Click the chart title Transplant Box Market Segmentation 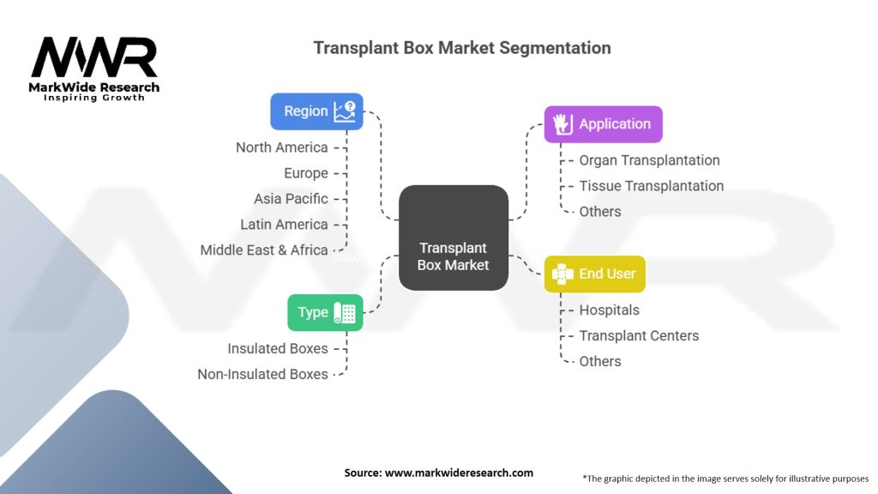tap(461, 47)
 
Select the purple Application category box tap(603, 124)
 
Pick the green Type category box tap(325, 312)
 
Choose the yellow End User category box tap(594, 274)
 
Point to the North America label tap(282, 148)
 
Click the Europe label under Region tap(306, 173)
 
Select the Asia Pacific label tap(291, 199)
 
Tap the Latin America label tap(284, 225)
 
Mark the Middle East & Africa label tap(264, 250)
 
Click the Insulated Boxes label tap(278, 349)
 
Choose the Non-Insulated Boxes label tap(262, 375)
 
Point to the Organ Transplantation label tap(649, 160)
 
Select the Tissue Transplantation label tap(651, 186)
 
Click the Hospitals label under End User tap(609, 310)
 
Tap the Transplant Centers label tap(639, 336)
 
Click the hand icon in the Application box tap(562, 124)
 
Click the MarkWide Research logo tap(94, 67)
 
